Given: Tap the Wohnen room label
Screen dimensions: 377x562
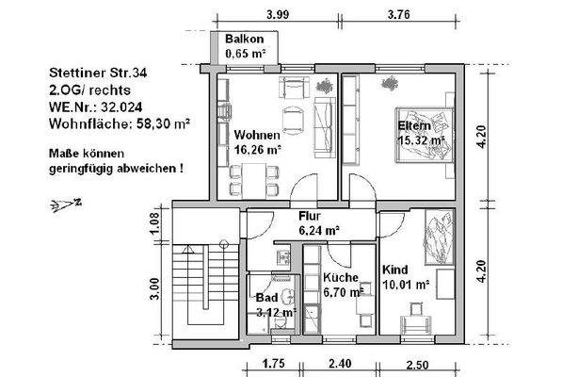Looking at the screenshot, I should (x=254, y=133).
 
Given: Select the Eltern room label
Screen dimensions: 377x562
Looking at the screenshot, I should (x=414, y=126).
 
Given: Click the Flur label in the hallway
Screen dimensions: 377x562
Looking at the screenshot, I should (x=312, y=216).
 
